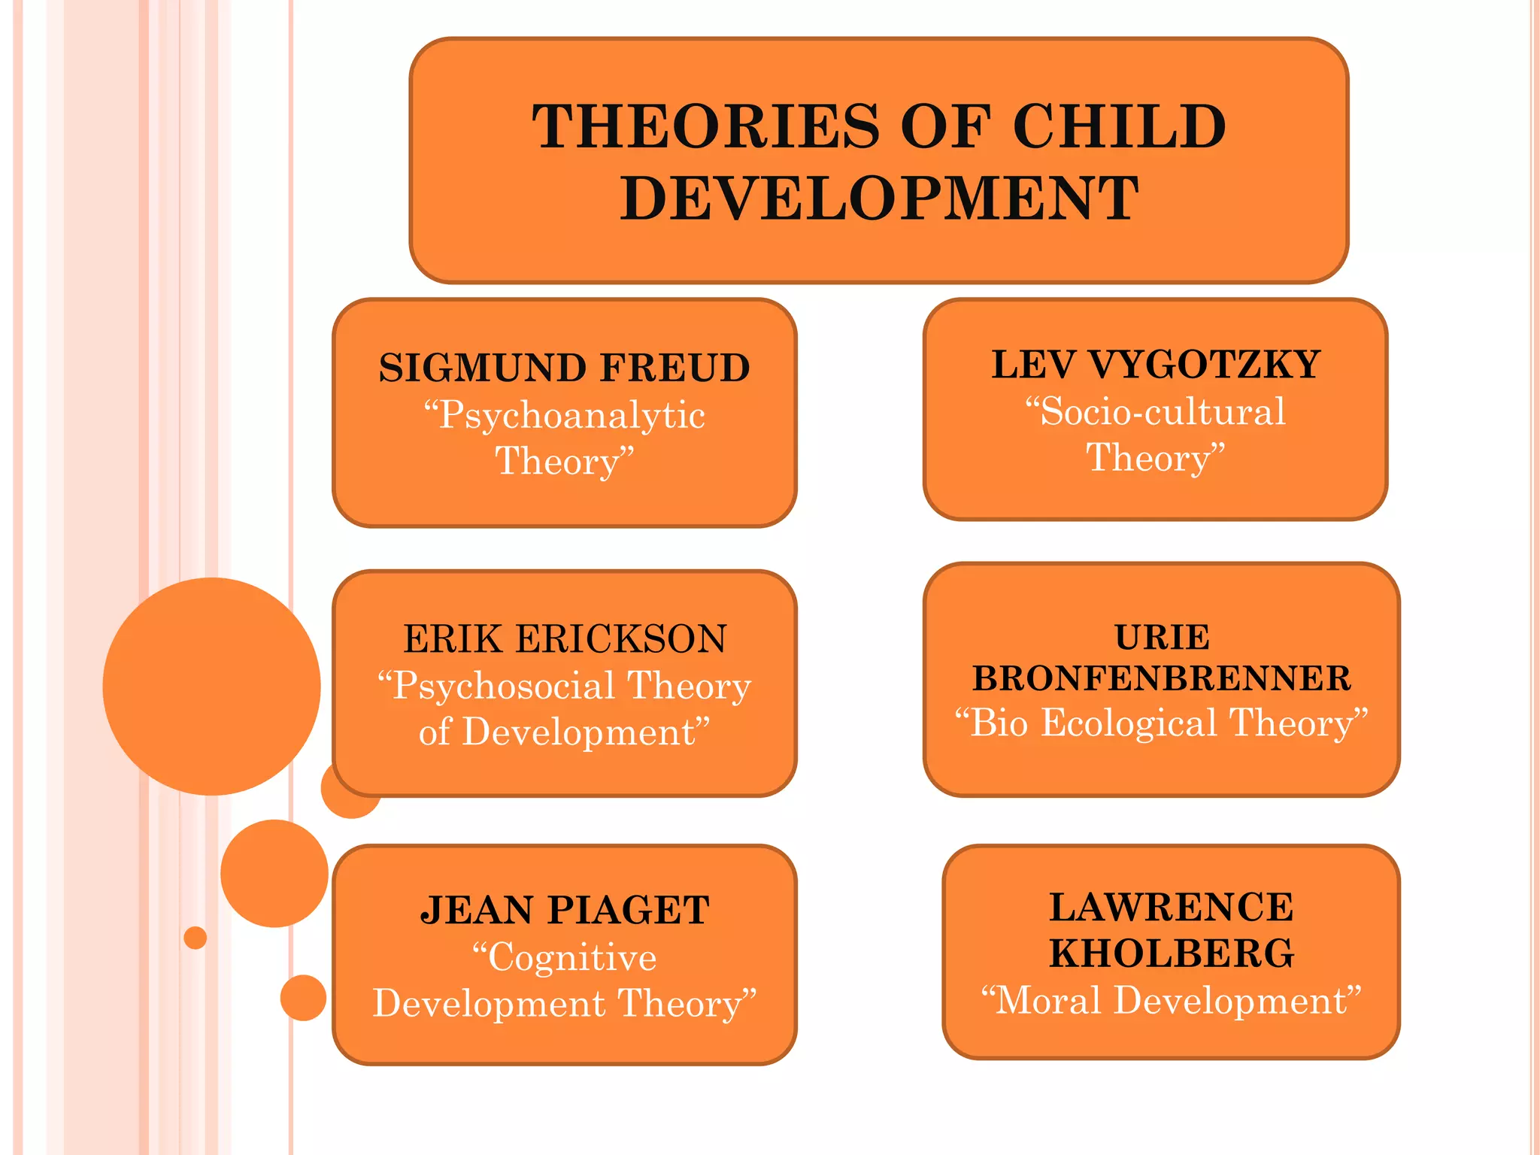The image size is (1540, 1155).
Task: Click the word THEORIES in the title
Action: point(705,126)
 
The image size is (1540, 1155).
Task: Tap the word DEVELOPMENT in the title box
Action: point(879,199)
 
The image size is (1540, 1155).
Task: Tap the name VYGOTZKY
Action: point(1204,365)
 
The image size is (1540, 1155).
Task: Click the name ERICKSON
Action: point(621,639)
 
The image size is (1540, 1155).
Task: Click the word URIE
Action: point(1162,638)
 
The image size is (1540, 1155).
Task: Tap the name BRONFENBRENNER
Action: point(1162,678)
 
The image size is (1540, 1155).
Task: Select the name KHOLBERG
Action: point(1172,953)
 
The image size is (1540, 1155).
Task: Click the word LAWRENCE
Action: point(1172,907)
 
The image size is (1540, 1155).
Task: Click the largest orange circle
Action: point(211,686)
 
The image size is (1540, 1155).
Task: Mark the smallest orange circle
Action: point(195,938)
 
